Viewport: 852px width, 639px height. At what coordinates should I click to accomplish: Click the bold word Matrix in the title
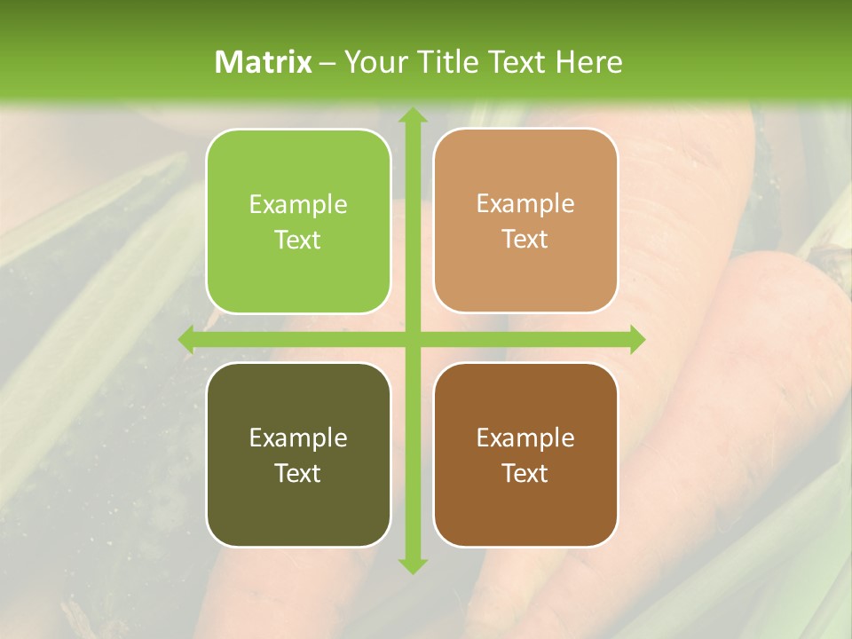[x=264, y=62]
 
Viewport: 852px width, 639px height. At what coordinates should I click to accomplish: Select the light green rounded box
[x=298, y=221]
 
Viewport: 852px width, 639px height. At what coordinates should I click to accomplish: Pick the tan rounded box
[x=525, y=221]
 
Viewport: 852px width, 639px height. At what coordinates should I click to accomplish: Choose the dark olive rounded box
[x=298, y=454]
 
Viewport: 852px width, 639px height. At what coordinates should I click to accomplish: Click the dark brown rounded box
[x=525, y=454]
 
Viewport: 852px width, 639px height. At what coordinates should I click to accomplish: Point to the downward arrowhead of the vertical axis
[x=412, y=564]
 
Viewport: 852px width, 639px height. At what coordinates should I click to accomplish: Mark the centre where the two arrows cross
[x=412, y=340]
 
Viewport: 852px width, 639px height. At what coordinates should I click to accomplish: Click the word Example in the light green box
[x=298, y=205]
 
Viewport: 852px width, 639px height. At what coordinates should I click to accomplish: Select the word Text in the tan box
[x=525, y=239]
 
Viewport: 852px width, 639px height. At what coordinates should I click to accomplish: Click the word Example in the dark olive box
[x=298, y=438]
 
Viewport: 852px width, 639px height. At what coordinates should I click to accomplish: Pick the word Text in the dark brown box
[x=525, y=473]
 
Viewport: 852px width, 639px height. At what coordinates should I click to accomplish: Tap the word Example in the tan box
[x=525, y=204]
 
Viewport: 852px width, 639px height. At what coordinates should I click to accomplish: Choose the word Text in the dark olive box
[x=298, y=473]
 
